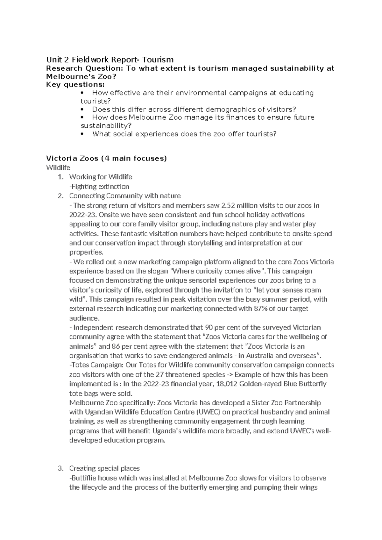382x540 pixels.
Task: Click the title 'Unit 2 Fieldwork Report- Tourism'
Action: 110,60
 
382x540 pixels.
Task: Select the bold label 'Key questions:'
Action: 75,84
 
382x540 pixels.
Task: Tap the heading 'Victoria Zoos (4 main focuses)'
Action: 106,158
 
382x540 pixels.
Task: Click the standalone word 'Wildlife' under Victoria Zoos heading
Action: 58,167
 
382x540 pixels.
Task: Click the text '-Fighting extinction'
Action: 99,186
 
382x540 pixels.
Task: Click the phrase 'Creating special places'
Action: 104,468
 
